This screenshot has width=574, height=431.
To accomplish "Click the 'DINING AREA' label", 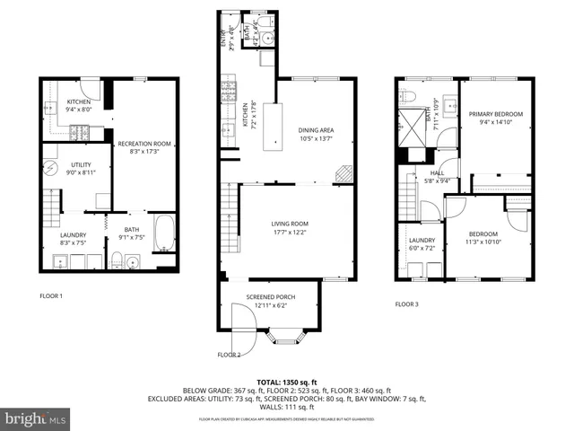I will [315, 130].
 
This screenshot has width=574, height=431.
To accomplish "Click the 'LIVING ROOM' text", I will [290, 224].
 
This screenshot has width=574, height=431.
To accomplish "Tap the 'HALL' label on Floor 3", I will [437, 173].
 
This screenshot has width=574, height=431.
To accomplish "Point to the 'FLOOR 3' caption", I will [406, 304].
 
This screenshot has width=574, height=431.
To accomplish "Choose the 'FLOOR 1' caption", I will [51, 295].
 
